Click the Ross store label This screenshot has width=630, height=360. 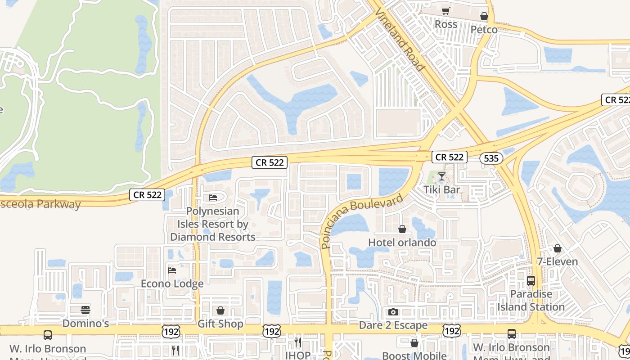click(446, 24)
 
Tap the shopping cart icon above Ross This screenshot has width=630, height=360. click(445, 11)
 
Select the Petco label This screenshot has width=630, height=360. click(484, 30)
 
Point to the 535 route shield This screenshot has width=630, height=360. click(491, 158)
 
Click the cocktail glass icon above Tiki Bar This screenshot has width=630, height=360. click(442, 176)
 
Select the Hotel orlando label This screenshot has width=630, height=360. click(402, 243)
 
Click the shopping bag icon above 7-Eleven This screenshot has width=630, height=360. click(558, 248)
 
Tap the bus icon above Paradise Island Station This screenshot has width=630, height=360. click(531, 281)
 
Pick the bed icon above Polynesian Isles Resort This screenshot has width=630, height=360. click(213, 198)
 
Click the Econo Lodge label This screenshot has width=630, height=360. click(172, 283)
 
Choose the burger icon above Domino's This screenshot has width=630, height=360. click(85, 310)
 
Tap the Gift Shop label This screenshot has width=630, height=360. click(220, 324)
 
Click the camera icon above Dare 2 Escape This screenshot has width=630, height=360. click(393, 312)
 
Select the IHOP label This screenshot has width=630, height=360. click(297, 355)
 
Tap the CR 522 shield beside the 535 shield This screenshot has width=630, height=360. click(450, 157)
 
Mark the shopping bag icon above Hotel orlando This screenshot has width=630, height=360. click(402, 229)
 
